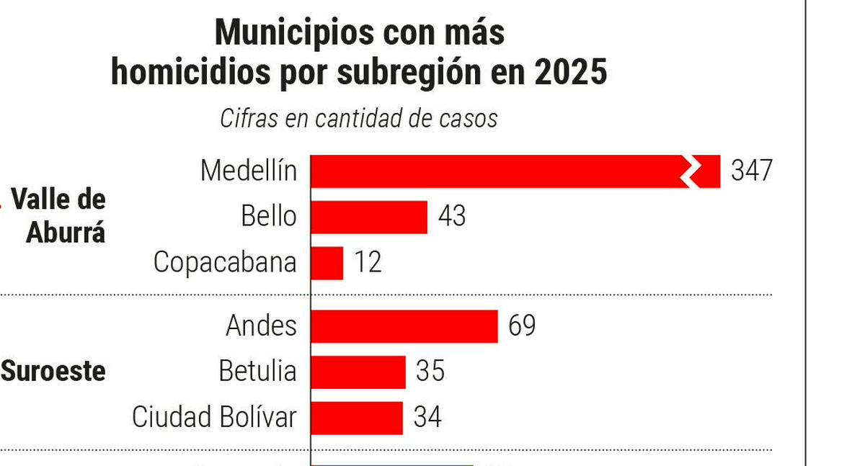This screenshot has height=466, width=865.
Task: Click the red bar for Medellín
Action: [x=497, y=171]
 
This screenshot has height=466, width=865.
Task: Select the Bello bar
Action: [x=369, y=217]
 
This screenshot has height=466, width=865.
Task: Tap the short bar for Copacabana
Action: [x=327, y=263]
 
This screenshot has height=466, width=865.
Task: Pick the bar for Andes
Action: [x=404, y=326]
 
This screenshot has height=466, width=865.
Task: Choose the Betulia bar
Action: [x=358, y=372]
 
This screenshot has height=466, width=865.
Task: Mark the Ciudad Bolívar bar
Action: [x=357, y=418]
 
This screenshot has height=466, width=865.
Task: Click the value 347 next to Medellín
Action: [x=751, y=171]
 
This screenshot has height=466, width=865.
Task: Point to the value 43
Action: [x=451, y=217]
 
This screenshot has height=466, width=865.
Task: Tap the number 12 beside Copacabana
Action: [x=368, y=263]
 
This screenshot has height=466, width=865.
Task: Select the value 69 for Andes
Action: [x=522, y=326]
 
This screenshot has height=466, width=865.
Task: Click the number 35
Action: [x=430, y=372]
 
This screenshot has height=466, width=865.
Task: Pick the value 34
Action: [x=427, y=418]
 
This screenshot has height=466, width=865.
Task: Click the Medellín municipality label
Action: [x=248, y=171]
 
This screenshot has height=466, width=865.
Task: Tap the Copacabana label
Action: [x=225, y=263]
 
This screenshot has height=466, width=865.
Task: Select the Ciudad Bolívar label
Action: [x=214, y=418]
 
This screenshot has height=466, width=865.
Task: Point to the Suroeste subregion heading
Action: [x=54, y=372]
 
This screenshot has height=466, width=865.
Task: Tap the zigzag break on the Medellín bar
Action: [x=691, y=171]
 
